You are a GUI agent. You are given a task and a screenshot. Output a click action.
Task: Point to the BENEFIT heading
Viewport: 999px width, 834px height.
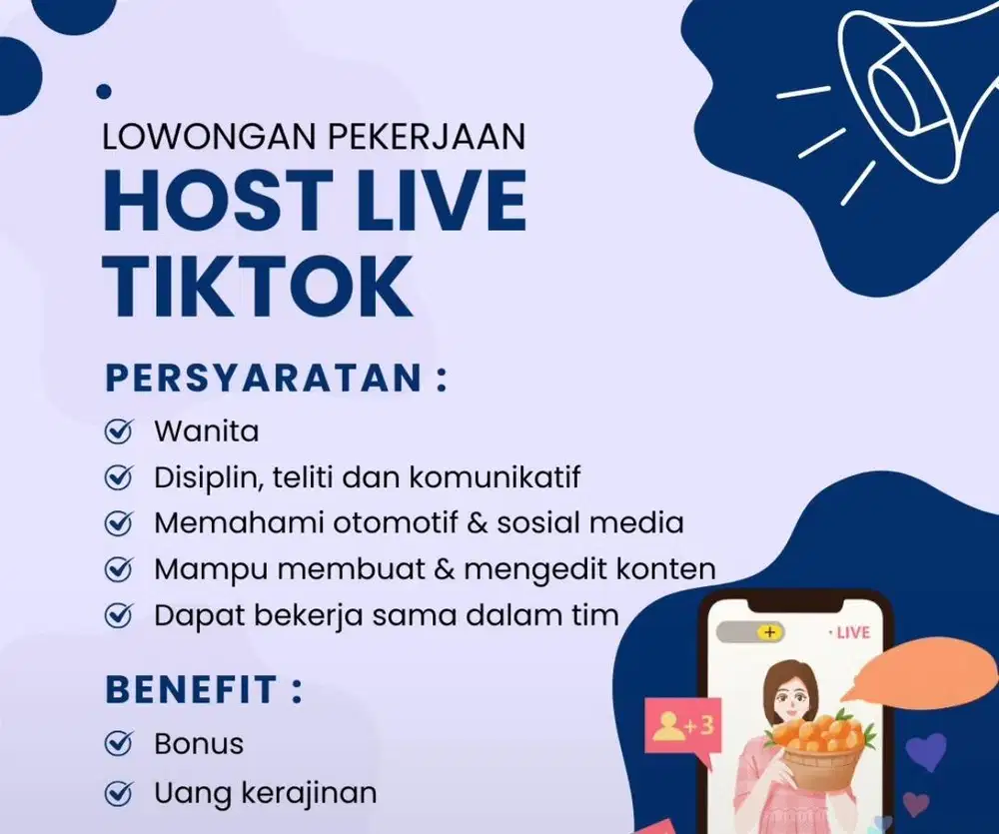pos(191,690)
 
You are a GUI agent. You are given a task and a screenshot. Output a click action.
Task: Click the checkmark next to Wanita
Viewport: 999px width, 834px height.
pos(119,432)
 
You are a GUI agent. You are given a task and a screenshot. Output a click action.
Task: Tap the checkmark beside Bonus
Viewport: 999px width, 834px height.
pos(119,743)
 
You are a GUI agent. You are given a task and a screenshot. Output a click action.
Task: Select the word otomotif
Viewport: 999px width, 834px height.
pos(388,522)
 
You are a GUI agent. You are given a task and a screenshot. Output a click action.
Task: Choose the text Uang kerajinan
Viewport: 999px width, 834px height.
pos(265,794)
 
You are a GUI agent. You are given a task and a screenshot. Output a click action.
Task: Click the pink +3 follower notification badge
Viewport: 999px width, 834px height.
pos(683,726)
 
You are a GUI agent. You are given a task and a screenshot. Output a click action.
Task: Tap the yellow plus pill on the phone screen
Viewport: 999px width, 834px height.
pos(768,632)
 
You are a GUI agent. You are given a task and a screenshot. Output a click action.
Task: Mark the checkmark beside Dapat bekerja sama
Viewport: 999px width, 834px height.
pos(119,614)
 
